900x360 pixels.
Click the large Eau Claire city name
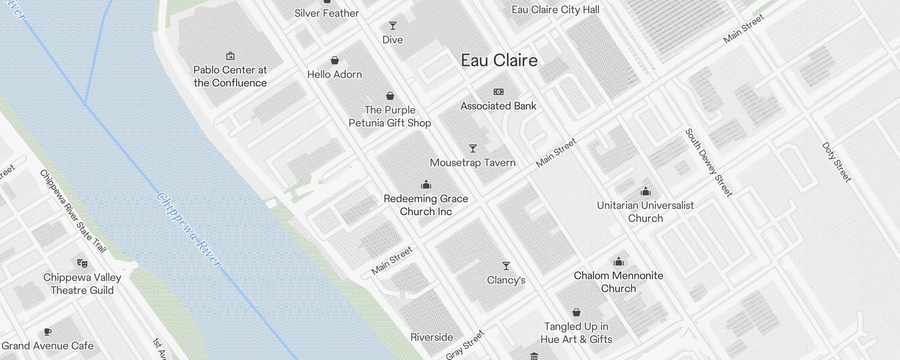click(499, 61)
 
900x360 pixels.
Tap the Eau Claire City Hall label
click(555, 9)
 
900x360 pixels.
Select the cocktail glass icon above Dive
click(393, 26)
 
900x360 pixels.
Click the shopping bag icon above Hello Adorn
click(335, 60)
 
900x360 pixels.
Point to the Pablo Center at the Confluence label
click(230, 76)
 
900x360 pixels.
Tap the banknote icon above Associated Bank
click(499, 92)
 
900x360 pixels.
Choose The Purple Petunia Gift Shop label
click(390, 117)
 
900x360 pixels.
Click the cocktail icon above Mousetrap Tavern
click(472, 148)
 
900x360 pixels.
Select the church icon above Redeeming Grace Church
click(426, 184)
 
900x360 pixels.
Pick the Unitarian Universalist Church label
click(645, 211)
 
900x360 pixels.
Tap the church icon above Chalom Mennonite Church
click(619, 261)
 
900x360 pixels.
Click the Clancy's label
click(506, 280)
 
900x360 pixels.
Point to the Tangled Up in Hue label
click(576, 333)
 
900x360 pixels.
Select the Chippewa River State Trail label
click(73, 211)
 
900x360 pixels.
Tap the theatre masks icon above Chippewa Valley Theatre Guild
click(82, 263)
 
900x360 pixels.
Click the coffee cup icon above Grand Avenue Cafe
click(48, 332)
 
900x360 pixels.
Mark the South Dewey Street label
click(709, 162)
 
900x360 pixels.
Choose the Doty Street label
click(837, 162)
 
